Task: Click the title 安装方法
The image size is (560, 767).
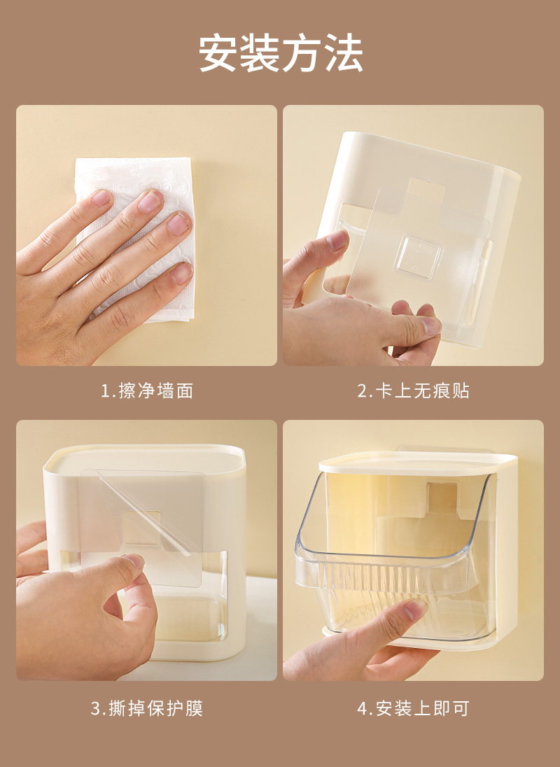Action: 280,54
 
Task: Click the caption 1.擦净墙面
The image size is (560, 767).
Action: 146,390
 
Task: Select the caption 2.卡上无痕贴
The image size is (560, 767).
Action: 413,390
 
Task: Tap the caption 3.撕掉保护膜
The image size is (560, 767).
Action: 146,708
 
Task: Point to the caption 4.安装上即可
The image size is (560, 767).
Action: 413,708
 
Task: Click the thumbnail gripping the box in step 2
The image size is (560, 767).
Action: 337,241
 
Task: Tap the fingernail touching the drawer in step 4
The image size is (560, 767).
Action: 415,610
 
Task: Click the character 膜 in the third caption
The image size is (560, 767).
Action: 194,708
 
